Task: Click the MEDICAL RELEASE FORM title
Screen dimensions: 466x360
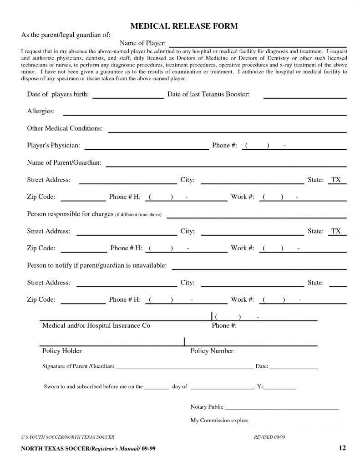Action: [x=184, y=26]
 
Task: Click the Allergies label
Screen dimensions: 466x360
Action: [x=41, y=111]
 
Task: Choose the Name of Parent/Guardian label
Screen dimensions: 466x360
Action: [x=64, y=162]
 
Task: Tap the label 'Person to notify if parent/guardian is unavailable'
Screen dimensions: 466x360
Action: [x=97, y=265]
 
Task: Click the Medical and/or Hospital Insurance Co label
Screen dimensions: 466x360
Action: [x=96, y=326]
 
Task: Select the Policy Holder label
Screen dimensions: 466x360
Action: [x=62, y=351]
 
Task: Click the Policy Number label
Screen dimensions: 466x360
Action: [x=212, y=351]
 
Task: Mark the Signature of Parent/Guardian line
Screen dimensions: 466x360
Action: [x=184, y=367]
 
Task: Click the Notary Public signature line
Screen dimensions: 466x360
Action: [x=282, y=408]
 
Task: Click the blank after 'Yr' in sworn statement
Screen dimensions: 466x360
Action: [x=280, y=388]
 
